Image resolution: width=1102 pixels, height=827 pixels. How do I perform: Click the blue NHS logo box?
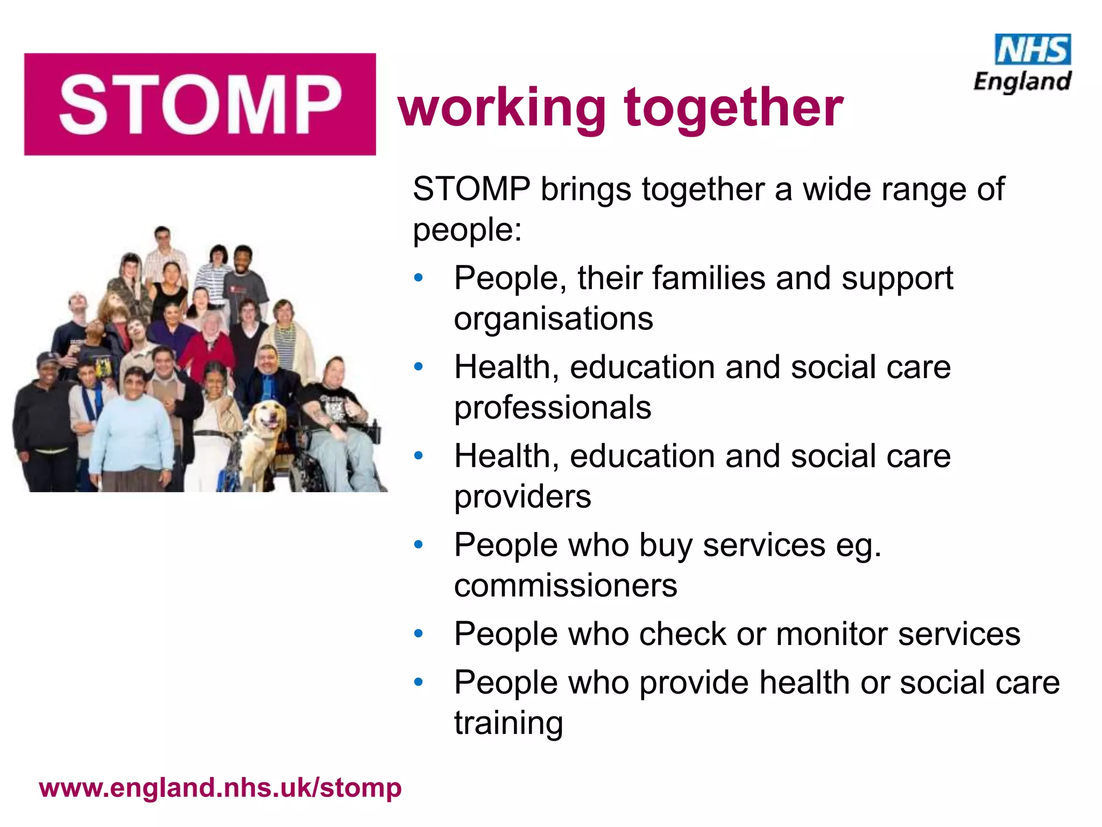pos(1033,50)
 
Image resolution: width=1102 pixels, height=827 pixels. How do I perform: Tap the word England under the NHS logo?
pos(1022,82)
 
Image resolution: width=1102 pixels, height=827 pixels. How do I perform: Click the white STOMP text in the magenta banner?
pos(200,104)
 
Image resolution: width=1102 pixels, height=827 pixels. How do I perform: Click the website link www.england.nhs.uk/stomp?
pos(221,788)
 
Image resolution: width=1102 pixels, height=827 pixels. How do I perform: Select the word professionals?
pos(553,408)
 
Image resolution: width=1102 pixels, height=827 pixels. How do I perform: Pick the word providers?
pos(522,496)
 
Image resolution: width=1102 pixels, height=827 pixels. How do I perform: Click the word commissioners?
pos(566,585)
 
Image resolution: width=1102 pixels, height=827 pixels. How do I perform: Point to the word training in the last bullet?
pos(508,723)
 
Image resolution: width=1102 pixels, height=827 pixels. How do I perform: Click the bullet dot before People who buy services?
pos(419,545)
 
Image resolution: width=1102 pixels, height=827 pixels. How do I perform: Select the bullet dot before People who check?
pos(419,634)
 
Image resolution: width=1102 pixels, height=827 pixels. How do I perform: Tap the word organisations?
pos(553,319)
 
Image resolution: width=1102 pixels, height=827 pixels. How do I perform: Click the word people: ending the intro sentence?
pos(467,230)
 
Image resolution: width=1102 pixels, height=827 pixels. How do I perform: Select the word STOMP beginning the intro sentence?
pos(471,190)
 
